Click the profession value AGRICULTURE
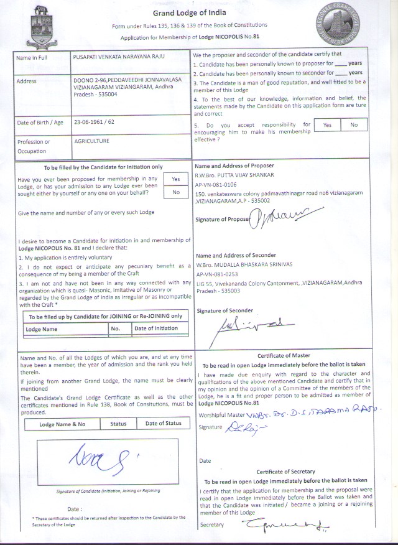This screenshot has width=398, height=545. click(91, 141)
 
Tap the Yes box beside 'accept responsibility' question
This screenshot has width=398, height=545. click(327, 125)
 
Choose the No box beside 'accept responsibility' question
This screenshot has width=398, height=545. click(354, 125)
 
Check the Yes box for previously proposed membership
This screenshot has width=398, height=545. click(175, 179)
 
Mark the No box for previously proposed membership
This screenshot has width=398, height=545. click(175, 192)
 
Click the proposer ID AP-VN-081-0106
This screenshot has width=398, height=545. click(216, 185)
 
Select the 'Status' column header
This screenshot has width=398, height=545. click(118, 424)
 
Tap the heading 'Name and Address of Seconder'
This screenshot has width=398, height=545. click(234, 256)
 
